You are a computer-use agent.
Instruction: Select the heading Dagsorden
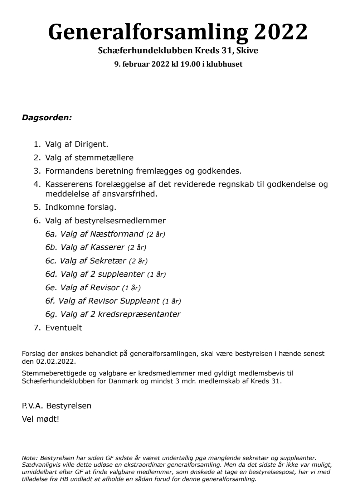pos(47,117)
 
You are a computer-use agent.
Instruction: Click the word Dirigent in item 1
pos(91,144)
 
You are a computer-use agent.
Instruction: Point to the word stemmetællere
pos(104,158)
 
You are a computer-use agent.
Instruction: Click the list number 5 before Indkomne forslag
pos(36,207)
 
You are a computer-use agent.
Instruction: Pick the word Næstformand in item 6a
pos(117,234)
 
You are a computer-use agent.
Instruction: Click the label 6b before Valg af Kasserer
pos(51,247)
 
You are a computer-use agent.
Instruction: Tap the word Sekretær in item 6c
pos(108,261)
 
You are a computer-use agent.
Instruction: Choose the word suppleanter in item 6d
pos(121,274)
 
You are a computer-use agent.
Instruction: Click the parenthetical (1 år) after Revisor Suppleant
pos(172,301)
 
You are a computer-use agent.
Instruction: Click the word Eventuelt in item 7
pos(63,328)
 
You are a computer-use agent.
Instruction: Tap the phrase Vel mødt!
pos(40,419)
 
